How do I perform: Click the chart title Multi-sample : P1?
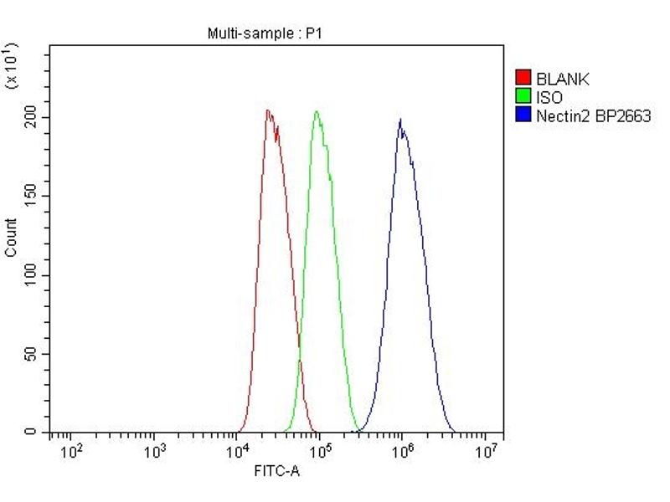[x=264, y=33]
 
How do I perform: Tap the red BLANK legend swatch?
[x=523, y=79]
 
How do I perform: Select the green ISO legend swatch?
[x=523, y=97]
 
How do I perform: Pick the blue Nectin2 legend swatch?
[x=523, y=115]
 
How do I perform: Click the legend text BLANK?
[x=563, y=79]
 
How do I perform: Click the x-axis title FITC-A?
[x=276, y=472]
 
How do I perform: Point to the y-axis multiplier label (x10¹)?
[x=12, y=67]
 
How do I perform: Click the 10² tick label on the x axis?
[x=73, y=453]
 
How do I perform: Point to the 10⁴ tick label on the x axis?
[x=238, y=453]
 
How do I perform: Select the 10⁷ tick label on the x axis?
[x=486, y=453]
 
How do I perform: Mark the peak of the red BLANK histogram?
[x=267, y=110]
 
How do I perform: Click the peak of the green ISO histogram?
[x=317, y=111]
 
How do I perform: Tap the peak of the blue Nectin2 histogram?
[x=400, y=120]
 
